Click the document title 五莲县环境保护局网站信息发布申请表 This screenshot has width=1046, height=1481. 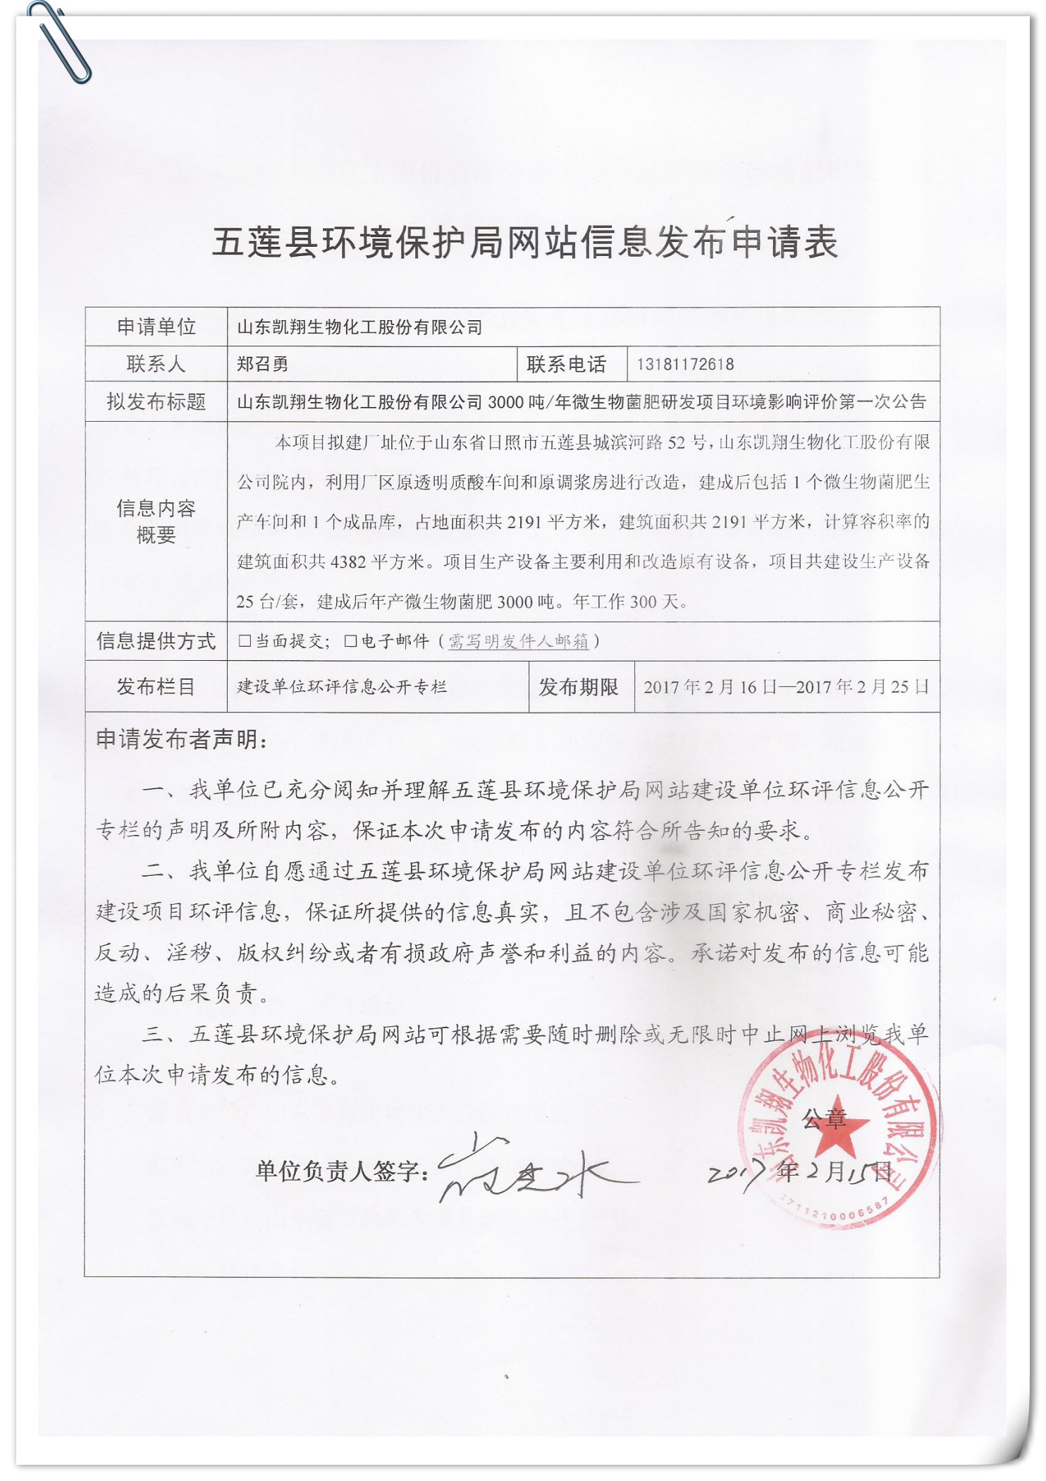coord(524,242)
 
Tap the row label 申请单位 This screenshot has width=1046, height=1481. coord(156,327)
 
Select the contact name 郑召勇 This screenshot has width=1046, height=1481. coord(262,364)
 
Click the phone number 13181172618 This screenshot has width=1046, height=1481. coord(685,364)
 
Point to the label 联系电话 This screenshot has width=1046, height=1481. coord(566,364)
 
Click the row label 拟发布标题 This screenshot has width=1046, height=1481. coord(156,402)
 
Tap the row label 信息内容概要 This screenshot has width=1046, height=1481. coord(156,521)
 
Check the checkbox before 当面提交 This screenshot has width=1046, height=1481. coord(245,640)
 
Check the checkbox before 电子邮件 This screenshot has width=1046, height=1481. coord(350,640)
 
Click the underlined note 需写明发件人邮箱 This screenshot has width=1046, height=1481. coord(518,641)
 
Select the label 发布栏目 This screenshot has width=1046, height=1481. coord(156,686)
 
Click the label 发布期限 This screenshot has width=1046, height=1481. coord(578,686)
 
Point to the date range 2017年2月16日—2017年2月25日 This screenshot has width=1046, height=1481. coord(786,687)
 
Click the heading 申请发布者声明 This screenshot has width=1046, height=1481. coord(181,739)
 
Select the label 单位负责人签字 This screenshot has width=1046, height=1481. coord(342,1171)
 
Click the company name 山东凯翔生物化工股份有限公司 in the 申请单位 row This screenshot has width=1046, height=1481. coord(359,327)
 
